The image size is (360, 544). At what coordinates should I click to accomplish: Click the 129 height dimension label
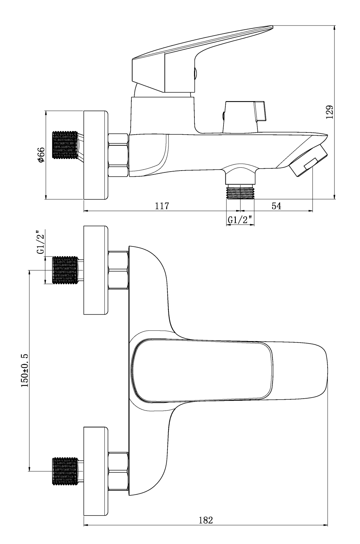(329, 112)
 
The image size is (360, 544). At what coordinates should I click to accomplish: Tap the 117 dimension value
(162, 206)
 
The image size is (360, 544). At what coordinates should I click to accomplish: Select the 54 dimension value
(276, 206)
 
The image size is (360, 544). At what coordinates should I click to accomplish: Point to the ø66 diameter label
(41, 154)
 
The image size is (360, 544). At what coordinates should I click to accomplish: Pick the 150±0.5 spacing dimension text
(24, 370)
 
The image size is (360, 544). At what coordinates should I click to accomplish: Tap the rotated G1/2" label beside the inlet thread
(41, 242)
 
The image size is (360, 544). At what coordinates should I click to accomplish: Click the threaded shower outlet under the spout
(240, 192)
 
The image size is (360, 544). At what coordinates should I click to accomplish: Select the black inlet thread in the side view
(65, 145)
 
